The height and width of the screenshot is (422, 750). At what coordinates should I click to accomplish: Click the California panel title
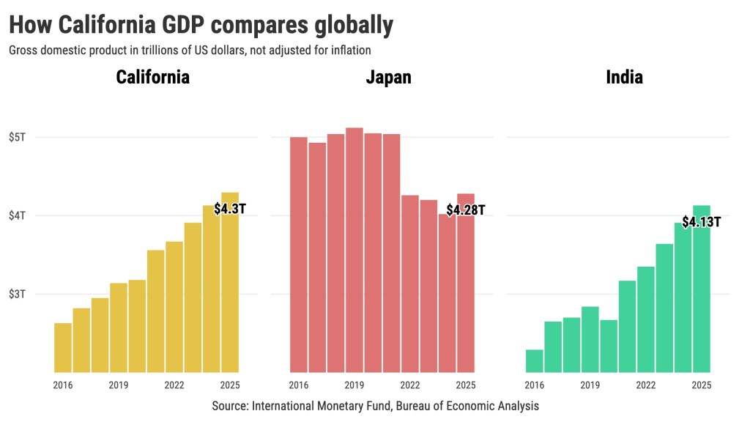[153, 77]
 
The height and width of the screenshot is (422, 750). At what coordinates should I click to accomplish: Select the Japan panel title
[388, 77]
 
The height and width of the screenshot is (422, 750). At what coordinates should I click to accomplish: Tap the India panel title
[624, 77]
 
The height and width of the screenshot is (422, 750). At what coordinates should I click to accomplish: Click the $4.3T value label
[230, 209]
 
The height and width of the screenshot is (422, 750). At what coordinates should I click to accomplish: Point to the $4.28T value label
[466, 210]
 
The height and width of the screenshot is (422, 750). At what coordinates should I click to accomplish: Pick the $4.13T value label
[701, 221]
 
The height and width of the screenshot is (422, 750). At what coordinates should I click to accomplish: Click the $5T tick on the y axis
[18, 137]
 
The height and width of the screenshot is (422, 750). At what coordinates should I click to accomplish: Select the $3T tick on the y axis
[18, 294]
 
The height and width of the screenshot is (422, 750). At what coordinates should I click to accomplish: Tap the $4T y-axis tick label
[18, 215]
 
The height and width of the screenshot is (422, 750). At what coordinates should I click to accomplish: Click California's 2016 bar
[63, 348]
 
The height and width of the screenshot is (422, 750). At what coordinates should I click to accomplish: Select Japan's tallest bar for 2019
[354, 249]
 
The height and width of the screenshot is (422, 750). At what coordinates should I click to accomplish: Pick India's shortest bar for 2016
[535, 360]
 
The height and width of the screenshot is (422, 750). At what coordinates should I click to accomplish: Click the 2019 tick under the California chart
[119, 385]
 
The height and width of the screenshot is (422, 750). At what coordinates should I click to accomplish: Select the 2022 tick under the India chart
[646, 385]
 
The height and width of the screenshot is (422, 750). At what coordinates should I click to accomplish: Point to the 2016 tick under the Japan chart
[299, 385]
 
